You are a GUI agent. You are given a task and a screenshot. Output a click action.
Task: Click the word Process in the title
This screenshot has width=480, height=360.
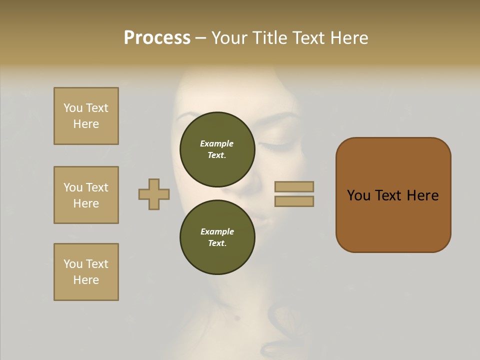[x=157, y=38]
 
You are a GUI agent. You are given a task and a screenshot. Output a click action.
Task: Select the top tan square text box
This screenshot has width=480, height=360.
[x=86, y=116]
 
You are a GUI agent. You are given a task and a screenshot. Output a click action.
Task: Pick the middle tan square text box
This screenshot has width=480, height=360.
[x=86, y=195]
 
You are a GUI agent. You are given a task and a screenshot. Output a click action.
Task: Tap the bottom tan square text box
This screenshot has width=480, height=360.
[x=86, y=272]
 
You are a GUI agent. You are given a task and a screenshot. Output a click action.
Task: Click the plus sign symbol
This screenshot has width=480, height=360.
[x=154, y=194]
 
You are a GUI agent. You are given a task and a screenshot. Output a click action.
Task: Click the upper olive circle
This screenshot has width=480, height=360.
[x=217, y=149]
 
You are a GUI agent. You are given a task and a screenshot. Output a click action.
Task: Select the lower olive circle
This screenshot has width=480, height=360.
[x=217, y=237]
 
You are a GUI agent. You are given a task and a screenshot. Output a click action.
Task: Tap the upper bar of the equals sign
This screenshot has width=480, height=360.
[x=294, y=186]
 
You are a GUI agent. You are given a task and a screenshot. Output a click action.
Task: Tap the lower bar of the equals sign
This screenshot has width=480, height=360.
[x=294, y=201]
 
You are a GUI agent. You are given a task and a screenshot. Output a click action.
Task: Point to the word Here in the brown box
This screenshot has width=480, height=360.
[x=422, y=195]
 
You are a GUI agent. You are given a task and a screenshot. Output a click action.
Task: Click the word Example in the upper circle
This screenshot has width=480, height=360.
[x=217, y=143]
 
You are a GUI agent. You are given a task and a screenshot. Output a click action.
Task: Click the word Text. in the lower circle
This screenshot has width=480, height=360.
[x=217, y=243]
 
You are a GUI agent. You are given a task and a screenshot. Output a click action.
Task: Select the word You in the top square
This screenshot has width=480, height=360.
[x=72, y=108]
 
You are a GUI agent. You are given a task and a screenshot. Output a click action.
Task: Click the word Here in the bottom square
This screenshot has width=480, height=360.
[x=86, y=280]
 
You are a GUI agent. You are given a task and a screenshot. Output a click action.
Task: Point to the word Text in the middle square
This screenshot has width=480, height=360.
[x=96, y=187]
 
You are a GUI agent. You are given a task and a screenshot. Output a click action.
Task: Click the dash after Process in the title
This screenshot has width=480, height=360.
[x=200, y=38]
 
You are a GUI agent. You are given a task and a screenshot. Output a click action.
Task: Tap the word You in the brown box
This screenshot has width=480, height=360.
[x=358, y=195]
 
